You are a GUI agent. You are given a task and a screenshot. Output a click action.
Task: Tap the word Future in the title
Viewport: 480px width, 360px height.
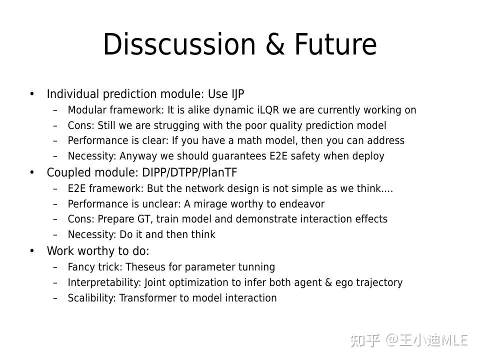tap(335, 44)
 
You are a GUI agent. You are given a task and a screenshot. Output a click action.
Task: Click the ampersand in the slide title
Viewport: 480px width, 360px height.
tap(274, 44)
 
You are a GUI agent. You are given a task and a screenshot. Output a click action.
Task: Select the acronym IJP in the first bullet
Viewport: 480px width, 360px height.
tap(237, 94)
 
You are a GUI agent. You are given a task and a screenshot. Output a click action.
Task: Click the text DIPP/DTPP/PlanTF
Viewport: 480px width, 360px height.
tap(189, 172)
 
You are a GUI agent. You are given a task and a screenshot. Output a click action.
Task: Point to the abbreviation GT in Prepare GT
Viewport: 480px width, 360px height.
tap(143, 219)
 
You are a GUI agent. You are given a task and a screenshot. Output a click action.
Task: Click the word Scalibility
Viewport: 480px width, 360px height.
tap(91, 298)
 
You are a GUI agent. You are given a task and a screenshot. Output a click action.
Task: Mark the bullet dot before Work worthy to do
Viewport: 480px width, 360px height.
tap(32, 250)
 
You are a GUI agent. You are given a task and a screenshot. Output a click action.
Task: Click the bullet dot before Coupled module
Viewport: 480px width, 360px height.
tap(32, 172)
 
